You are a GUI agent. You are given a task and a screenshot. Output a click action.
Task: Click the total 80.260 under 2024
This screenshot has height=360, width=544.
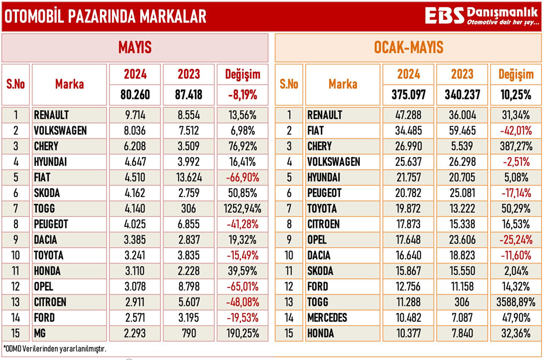pyautogui.click(x=134, y=94)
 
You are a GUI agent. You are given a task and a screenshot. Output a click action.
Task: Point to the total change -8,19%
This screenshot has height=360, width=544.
pyautogui.click(x=242, y=94)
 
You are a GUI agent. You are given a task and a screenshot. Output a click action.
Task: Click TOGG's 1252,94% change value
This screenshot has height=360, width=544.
pyautogui.click(x=242, y=208)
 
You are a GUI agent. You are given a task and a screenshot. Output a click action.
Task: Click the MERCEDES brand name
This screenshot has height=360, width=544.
pyautogui.click(x=327, y=318)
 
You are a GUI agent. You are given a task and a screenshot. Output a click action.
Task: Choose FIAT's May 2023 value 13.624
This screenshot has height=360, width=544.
pyautogui.click(x=189, y=177)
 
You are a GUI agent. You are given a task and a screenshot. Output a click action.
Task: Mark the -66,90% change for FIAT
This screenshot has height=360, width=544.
pyautogui.click(x=242, y=177)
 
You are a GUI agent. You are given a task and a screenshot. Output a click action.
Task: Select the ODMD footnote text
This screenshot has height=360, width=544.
pyautogui.click(x=56, y=349)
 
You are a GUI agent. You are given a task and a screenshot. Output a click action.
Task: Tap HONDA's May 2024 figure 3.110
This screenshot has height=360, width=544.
pyautogui.click(x=134, y=271)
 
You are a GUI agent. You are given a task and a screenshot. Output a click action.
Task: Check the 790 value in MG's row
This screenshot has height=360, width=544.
pyautogui.click(x=189, y=333)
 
